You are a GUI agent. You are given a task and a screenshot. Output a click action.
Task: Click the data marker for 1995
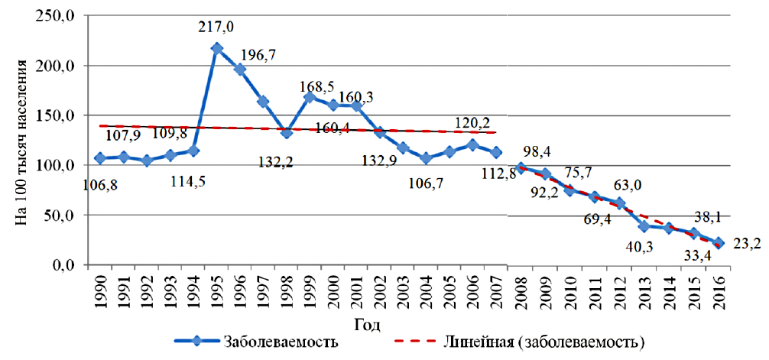(x=217, y=48)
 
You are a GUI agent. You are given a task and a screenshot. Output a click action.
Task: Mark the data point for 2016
(x=719, y=242)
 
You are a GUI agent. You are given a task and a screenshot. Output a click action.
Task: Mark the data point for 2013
(x=644, y=226)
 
